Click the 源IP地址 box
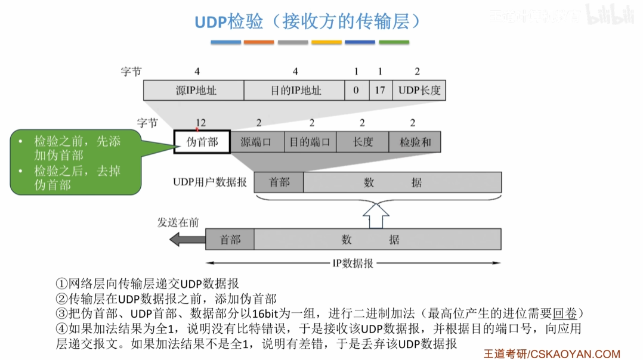point(194,91)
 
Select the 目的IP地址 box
point(295,91)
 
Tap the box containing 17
point(380,91)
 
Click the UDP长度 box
point(419,91)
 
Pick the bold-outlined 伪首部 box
point(202,142)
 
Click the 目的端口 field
point(310,142)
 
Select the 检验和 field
point(415,142)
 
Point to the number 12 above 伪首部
point(200,123)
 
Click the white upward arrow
point(377,214)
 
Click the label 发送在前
point(178,222)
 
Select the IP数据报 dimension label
point(353,263)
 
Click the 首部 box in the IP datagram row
point(230,240)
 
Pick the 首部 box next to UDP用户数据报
point(279,182)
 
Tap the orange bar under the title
point(259,42)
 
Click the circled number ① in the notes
point(61,284)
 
